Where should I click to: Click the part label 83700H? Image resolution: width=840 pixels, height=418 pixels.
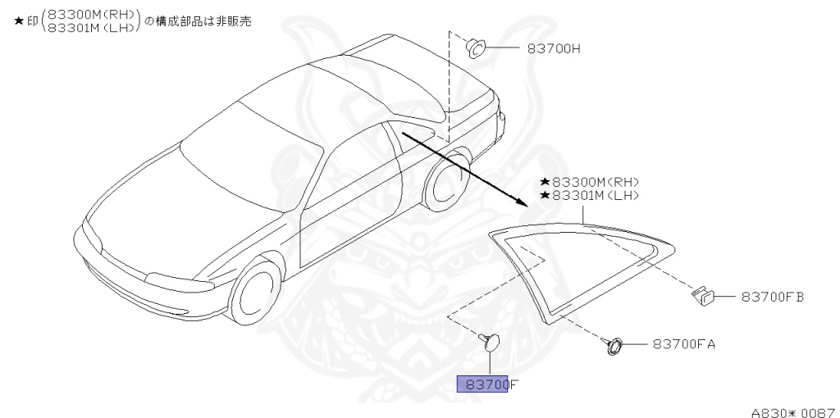(555, 48)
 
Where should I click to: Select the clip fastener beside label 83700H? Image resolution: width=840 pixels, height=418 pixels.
(475, 48)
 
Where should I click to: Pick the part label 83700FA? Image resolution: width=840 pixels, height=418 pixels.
(684, 344)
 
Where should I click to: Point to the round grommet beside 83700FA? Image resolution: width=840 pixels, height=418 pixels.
(613, 345)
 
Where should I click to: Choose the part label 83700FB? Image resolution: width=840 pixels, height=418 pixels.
(772, 297)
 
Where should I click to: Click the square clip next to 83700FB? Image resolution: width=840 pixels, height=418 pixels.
(704, 295)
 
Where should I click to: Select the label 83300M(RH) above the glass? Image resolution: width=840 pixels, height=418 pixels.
(595, 182)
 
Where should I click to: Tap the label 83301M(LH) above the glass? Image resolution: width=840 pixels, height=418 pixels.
(595, 195)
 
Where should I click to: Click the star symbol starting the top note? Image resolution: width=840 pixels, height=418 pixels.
(19, 22)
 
